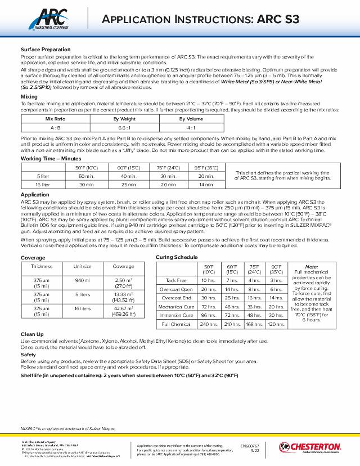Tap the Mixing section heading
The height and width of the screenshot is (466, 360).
(29, 97)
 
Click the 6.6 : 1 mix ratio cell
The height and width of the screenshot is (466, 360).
(125, 128)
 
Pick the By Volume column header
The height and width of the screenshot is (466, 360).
(191, 119)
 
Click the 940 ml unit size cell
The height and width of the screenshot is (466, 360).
(83, 280)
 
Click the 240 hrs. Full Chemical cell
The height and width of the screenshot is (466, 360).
(209, 325)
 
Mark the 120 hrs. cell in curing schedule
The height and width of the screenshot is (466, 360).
(276, 325)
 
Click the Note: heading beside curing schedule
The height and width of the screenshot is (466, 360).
(311, 267)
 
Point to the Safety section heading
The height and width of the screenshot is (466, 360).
(28, 355)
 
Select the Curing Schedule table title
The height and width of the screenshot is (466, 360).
(177, 257)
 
